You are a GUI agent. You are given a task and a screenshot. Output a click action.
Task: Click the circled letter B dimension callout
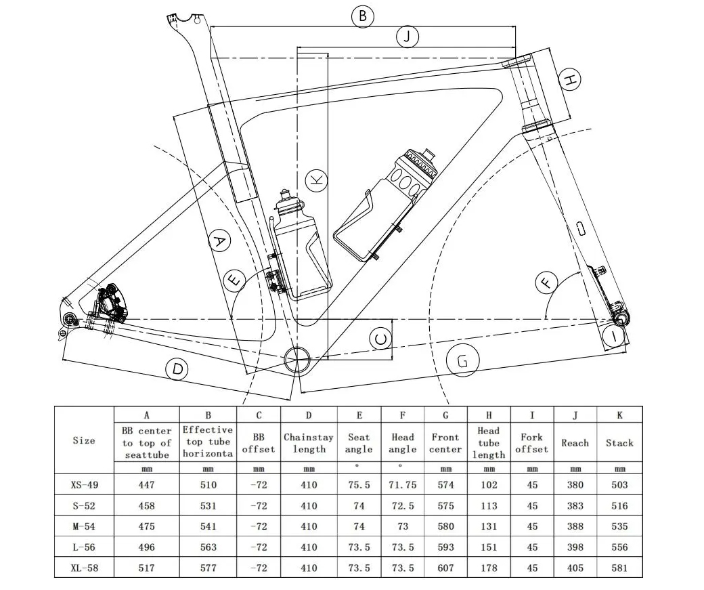(x=362, y=16)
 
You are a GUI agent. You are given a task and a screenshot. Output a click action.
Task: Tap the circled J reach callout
(x=408, y=37)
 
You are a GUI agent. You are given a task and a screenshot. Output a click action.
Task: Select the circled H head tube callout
(x=570, y=79)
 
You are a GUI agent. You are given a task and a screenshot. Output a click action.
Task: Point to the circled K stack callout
(x=316, y=181)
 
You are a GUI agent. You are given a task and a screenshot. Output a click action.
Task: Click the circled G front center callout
(x=463, y=360)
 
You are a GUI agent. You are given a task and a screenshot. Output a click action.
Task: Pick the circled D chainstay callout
(x=177, y=369)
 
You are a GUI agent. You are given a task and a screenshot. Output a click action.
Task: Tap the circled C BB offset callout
(x=380, y=339)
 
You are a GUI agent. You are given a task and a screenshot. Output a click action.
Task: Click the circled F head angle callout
(x=546, y=282)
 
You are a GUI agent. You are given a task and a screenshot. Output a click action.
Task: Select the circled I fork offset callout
(x=614, y=335)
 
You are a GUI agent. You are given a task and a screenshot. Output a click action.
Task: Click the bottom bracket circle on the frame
(x=296, y=358)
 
